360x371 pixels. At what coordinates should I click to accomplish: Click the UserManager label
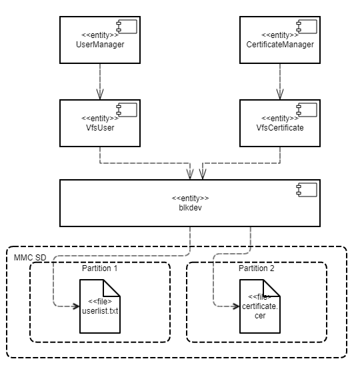[100, 45]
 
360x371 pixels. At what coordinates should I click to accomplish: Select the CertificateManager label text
[280, 45]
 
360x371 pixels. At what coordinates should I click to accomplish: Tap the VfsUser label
[100, 128]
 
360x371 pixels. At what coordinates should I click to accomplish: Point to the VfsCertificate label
[280, 128]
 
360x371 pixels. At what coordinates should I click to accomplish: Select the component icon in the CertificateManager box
[305, 27]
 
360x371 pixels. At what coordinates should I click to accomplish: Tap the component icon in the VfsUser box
[125, 110]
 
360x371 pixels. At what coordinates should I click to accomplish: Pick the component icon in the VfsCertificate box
[305, 110]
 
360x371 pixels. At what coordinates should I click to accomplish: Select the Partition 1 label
[99, 269]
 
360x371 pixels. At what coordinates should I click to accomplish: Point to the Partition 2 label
[257, 269]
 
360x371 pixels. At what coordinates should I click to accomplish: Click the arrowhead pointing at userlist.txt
[75, 306]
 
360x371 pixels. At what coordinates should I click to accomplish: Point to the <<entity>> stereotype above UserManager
[100, 35]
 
